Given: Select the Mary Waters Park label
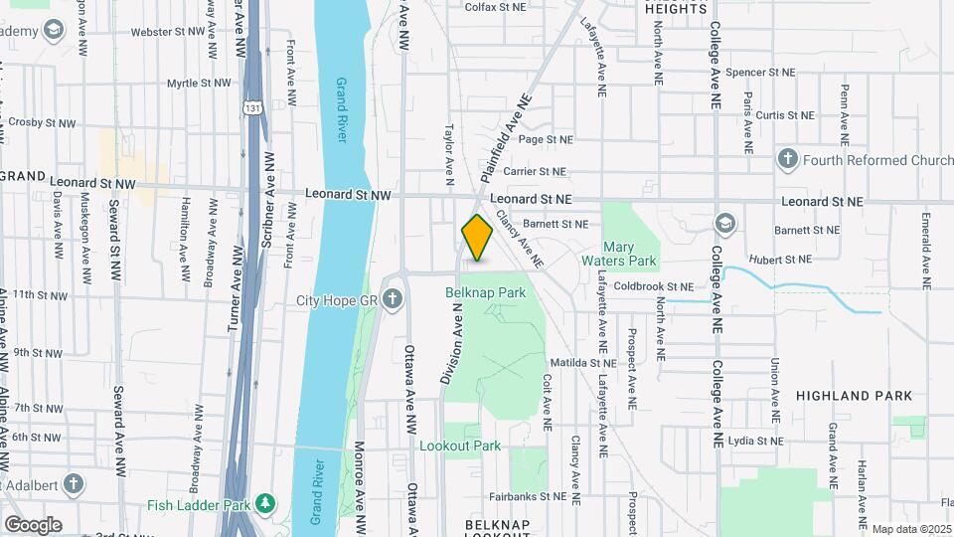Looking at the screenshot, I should (x=630, y=254).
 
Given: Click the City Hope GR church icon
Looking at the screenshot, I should (x=393, y=299).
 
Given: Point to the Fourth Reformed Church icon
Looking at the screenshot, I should (x=788, y=160).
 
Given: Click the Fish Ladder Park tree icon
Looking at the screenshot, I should (x=265, y=504).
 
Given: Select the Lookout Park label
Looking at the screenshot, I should (x=460, y=447).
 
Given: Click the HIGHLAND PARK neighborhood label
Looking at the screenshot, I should (x=854, y=396).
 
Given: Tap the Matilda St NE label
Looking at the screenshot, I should (x=583, y=363).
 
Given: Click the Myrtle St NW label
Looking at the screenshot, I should (x=198, y=83).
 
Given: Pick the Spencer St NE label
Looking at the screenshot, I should (x=760, y=73).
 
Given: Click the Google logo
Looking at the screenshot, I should (x=33, y=525).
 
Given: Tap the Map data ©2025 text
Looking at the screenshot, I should (x=911, y=529).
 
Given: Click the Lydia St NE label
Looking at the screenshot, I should (x=755, y=440).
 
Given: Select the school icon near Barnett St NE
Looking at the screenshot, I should (x=725, y=223).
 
